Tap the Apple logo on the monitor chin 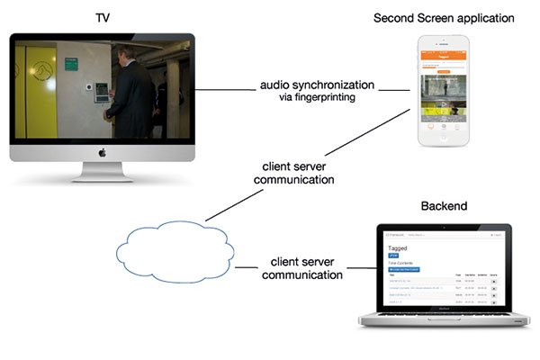102,152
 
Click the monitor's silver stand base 102,177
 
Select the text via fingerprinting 316,97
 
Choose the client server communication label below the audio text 298,173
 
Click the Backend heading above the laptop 444,207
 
